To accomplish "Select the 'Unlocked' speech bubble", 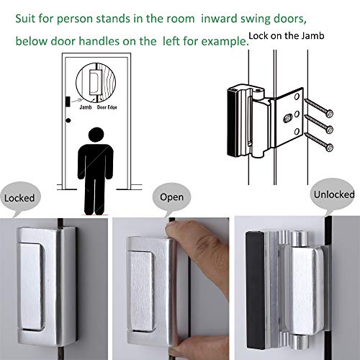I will tap(333, 194).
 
